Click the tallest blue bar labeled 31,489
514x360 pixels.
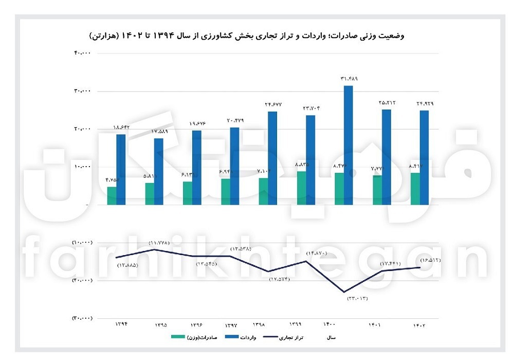(348, 145)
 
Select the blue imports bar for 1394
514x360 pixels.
(121, 169)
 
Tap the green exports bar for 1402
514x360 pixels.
(415, 189)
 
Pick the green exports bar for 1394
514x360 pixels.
(112, 195)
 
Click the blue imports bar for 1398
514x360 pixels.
(272, 158)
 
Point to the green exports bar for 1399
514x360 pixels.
(301, 188)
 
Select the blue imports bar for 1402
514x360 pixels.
(425, 157)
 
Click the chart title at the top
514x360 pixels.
(247, 36)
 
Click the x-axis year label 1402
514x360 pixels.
(420, 325)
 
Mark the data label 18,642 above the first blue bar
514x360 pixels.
(121, 127)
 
